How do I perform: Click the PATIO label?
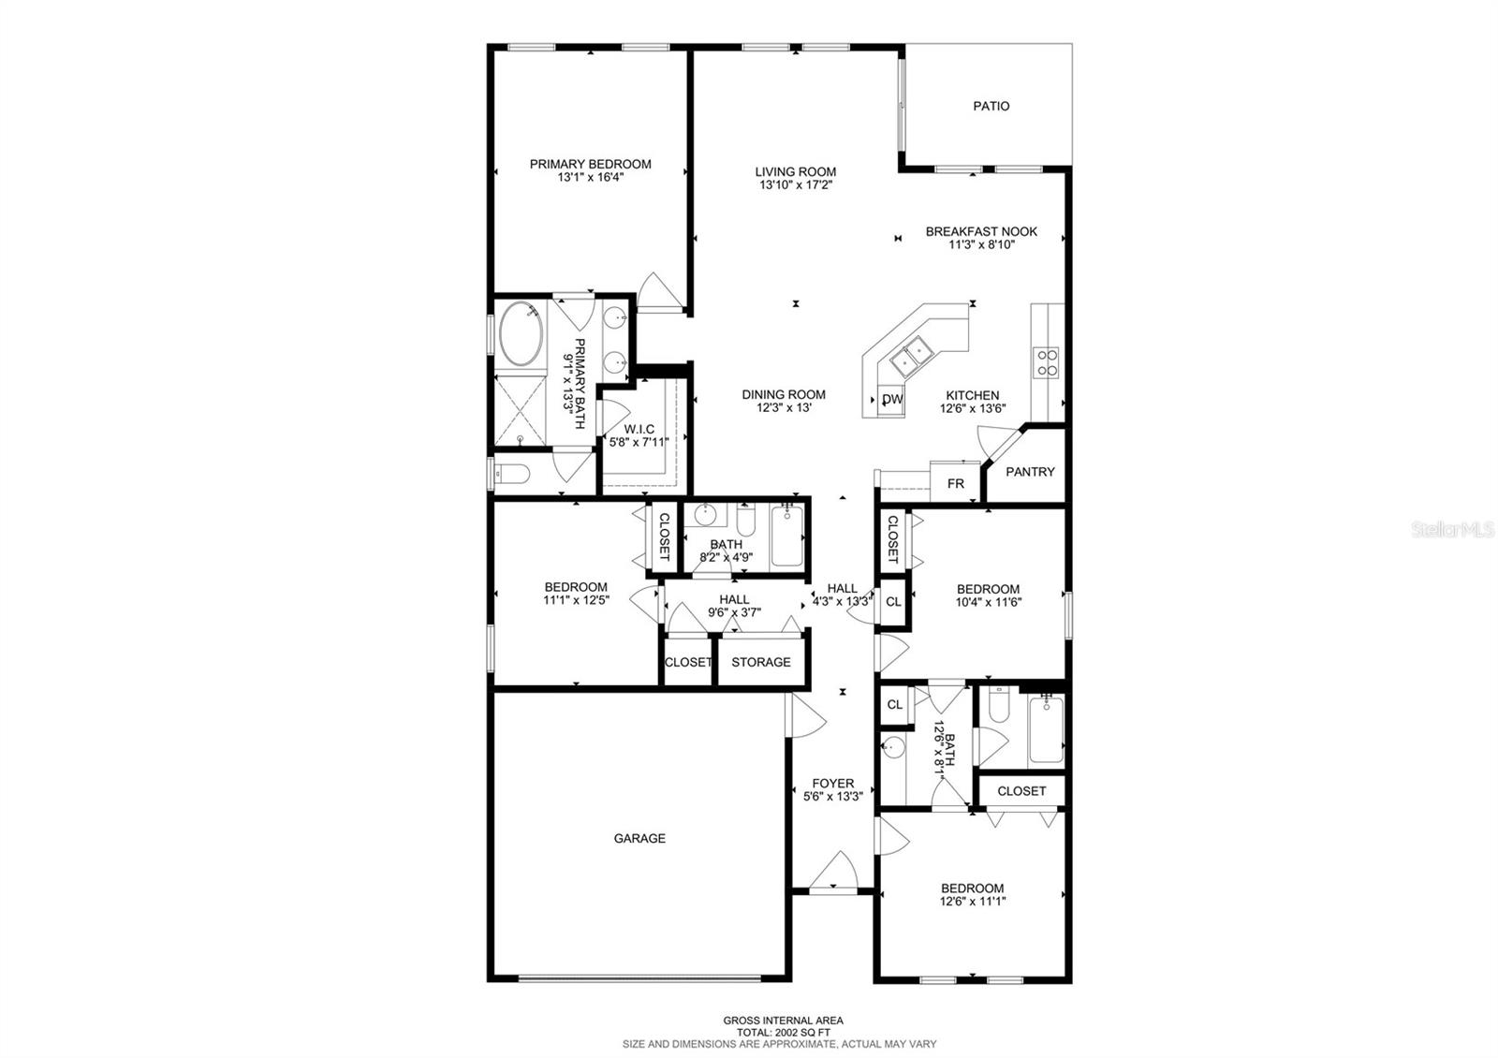click(x=991, y=106)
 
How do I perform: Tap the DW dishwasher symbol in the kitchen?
click(x=891, y=400)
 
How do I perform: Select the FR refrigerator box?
click(x=955, y=482)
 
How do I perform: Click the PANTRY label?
click(x=1030, y=472)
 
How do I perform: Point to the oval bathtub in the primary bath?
click(x=521, y=334)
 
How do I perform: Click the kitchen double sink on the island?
click(x=912, y=357)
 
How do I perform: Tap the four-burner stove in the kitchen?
click(x=1047, y=362)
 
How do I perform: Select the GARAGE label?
click(x=639, y=838)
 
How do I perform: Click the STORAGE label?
click(x=760, y=662)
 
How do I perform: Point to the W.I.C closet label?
click(x=639, y=429)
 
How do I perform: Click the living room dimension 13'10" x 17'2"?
click(x=795, y=184)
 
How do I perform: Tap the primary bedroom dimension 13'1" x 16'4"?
click(x=591, y=177)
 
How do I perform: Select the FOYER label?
click(x=832, y=783)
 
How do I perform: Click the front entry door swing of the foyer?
click(x=833, y=870)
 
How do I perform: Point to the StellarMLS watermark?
click(x=1452, y=530)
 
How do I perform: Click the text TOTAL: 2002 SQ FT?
click(x=783, y=1033)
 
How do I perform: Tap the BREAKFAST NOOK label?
click(x=981, y=231)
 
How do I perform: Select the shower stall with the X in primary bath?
click(x=521, y=409)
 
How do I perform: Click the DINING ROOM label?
click(x=783, y=394)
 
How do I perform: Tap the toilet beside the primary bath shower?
click(x=513, y=474)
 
